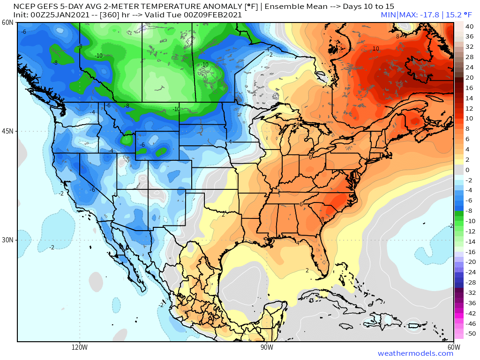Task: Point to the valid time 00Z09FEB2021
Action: point(214,15)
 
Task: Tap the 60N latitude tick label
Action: point(7,22)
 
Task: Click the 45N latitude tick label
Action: point(7,131)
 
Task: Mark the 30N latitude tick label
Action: point(7,240)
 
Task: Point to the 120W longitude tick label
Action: point(80,347)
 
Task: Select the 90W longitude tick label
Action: point(267,347)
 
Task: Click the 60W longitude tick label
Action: point(453,347)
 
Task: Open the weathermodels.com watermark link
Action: point(415,353)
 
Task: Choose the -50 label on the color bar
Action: point(470,334)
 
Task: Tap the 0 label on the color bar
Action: point(467,170)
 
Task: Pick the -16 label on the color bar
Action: point(470,252)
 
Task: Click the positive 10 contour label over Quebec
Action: point(376,49)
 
